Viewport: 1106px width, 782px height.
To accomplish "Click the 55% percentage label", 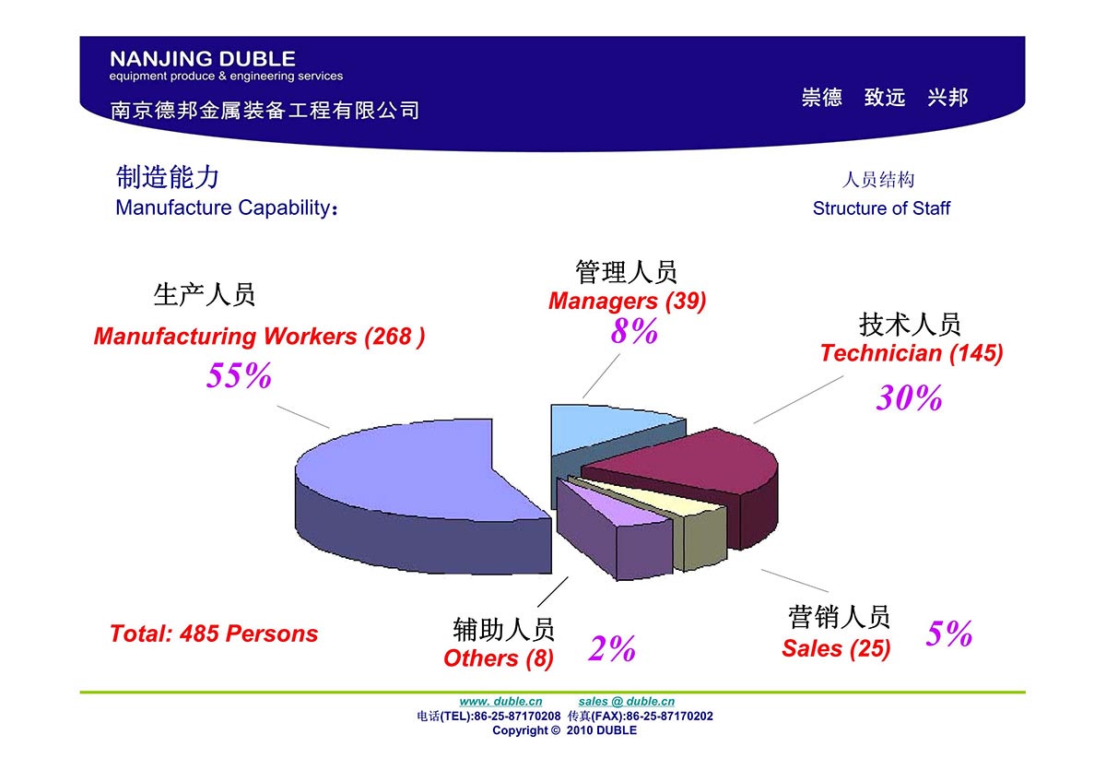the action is pos(239,375).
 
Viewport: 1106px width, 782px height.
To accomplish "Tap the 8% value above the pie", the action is pos(634,330).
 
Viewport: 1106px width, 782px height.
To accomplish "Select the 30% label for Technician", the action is pos(909,397).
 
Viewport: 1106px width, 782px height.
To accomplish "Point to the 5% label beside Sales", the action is pos(949,633).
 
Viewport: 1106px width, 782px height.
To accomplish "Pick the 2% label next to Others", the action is pos(612,648).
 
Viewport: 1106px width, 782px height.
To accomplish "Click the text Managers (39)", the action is pos(627,301).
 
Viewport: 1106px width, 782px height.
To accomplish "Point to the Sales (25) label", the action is pos(836,648).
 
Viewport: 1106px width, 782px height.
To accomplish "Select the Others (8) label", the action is pos(499,658).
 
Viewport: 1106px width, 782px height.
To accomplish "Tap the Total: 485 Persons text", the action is pos(214,634).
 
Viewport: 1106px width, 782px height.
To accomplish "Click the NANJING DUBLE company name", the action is pos(203,59).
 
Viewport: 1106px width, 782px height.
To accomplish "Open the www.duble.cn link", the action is pos(500,702).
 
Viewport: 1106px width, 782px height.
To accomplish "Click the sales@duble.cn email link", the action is pos(627,702).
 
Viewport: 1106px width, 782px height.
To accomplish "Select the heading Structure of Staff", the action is pos(881,208).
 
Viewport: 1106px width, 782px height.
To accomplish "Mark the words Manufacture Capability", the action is pos(223,208).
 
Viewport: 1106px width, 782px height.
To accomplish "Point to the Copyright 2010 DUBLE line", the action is pos(564,730).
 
